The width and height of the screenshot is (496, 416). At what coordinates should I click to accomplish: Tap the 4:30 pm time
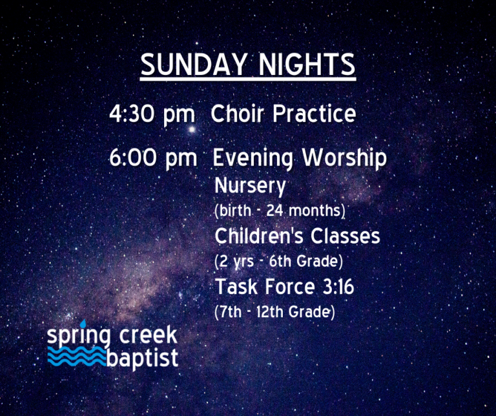[x=152, y=114]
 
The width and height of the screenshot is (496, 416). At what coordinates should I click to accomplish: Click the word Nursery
[x=250, y=187]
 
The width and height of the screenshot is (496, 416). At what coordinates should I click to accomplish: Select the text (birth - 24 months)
[x=280, y=211]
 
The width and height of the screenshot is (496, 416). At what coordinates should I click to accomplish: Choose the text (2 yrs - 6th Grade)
[x=278, y=262]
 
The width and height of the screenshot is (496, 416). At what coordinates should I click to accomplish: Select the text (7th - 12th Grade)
[x=274, y=312]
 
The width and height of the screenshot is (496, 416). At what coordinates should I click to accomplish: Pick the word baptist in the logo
[x=142, y=357]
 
